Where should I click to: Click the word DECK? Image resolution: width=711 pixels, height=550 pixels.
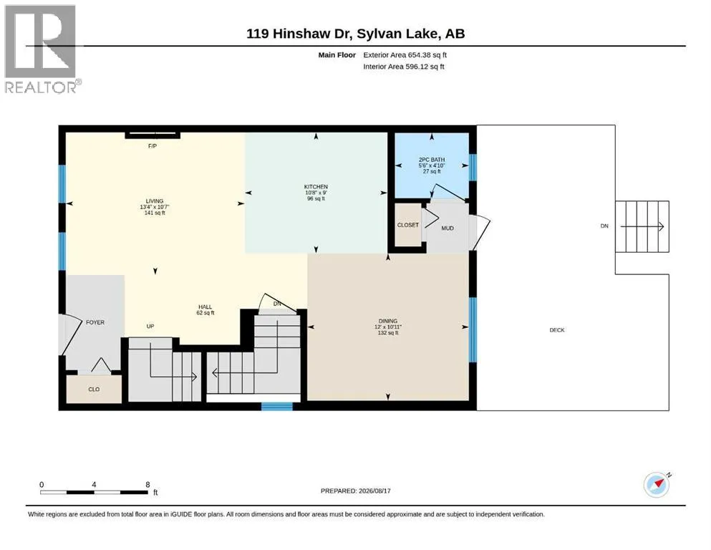click(x=557, y=330)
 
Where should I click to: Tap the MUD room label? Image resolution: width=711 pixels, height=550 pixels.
click(x=448, y=228)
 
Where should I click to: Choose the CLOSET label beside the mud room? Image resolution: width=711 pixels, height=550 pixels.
click(x=408, y=225)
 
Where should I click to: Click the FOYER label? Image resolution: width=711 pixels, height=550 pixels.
click(x=95, y=322)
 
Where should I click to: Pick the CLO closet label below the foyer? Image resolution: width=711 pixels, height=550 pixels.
click(x=94, y=390)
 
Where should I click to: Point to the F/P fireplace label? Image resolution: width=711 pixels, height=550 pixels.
click(x=153, y=146)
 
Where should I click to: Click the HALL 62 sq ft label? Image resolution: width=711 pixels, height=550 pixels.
click(x=205, y=309)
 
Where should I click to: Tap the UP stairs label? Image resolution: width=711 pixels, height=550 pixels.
click(x=150, y=326)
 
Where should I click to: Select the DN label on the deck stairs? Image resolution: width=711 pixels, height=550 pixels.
click(x=604, y=226)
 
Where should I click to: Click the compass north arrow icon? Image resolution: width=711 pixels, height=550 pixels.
click(x=657, y=485)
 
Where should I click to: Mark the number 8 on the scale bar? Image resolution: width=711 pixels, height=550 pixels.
click(x=147, y=484)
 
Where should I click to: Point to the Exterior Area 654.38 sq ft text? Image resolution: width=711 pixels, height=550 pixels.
click(x=405, y=55)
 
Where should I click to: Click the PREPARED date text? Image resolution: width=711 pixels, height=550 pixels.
click(x=355, y=491)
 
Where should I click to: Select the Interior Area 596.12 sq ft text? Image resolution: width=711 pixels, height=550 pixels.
click(x=404, y=67)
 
